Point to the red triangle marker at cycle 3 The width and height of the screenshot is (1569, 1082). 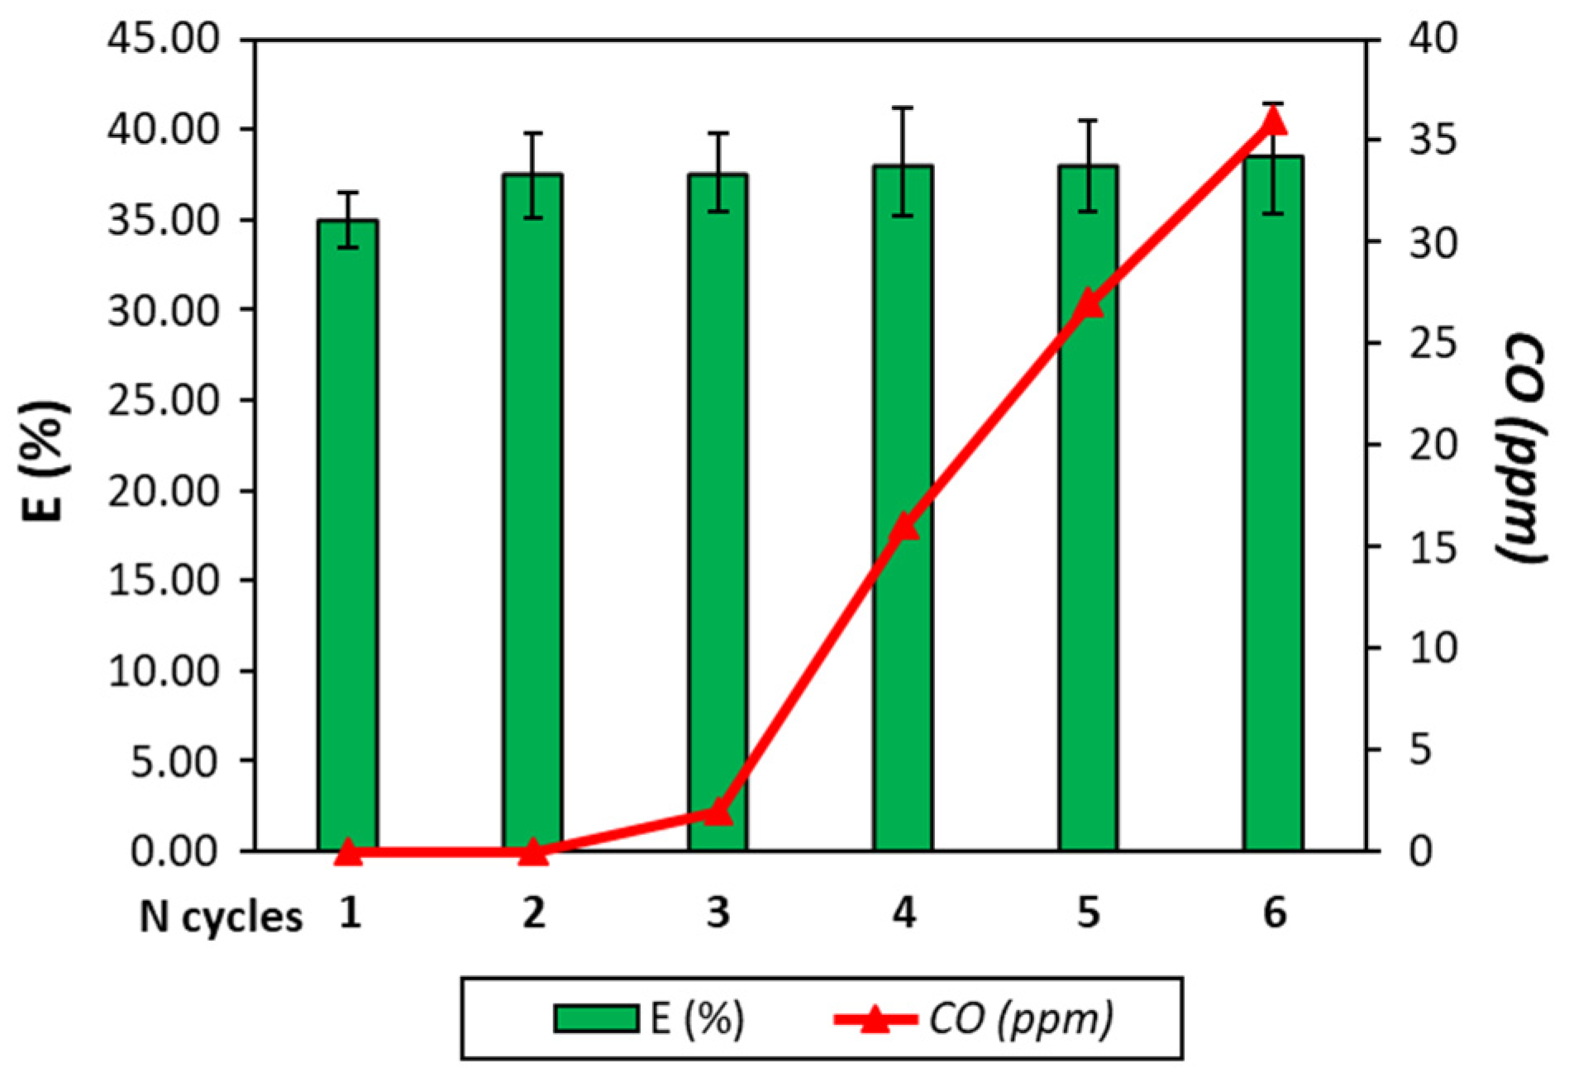tap(718, 813)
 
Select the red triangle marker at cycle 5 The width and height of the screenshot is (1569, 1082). tap(1089, 303)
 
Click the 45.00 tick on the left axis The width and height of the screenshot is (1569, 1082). tap(164, 40)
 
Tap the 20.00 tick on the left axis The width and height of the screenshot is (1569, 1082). tap(164, 491)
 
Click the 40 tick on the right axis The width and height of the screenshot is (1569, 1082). tap(1433, 40)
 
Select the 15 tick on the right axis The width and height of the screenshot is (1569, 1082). tap(1433, 547)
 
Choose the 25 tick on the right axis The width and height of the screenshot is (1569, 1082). tap(1433, 345)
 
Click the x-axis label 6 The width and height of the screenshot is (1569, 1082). tap(1274, 913)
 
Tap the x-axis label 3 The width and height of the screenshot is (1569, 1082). tap(718, 913)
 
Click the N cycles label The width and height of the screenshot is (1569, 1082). tap(221, 917)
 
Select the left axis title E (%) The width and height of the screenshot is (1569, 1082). tap(44, 460)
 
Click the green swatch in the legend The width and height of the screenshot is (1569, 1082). tap(595, 1018)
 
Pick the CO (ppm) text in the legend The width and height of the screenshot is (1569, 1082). tap(1020, 1018)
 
